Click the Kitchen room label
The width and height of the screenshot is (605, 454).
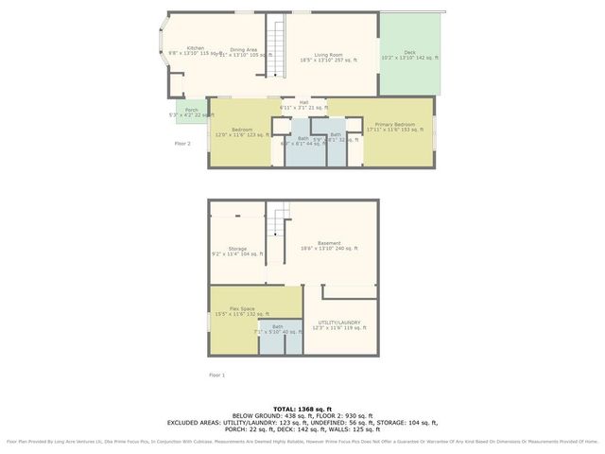196,48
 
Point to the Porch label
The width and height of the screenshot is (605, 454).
192,110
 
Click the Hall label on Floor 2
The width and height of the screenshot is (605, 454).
303,101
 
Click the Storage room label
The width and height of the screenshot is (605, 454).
236,249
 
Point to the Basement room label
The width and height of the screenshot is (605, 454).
329,243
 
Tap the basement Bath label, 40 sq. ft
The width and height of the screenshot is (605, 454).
278,327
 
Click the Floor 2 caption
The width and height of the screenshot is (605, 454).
182,144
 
